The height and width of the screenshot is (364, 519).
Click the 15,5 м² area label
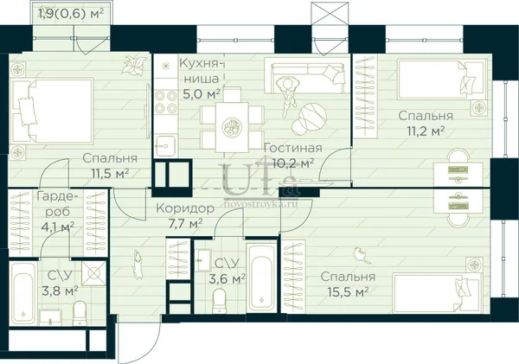tap(348, 292)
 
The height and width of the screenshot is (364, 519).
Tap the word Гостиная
tap(293, 148)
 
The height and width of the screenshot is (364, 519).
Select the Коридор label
tap(185, 208)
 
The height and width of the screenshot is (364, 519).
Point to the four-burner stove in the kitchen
tap(165, 102)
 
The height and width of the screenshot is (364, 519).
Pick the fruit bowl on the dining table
tap(232, 126)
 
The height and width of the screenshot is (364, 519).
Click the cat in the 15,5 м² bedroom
tap(362, 255)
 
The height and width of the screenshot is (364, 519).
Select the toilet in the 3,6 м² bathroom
tap(219, 300)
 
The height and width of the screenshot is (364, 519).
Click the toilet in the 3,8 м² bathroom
tap(79, 313)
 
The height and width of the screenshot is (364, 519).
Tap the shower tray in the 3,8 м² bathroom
tap(93, 273)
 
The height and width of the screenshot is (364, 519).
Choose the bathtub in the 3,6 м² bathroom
tap(262, 278)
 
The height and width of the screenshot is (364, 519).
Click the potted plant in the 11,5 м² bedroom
tap(133, 65)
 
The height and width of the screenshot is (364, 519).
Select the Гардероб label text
tap(58, 203)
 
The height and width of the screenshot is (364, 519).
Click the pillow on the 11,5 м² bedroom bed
tap(27, 112)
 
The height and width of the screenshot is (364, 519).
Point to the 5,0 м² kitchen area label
tap(202, 94)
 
